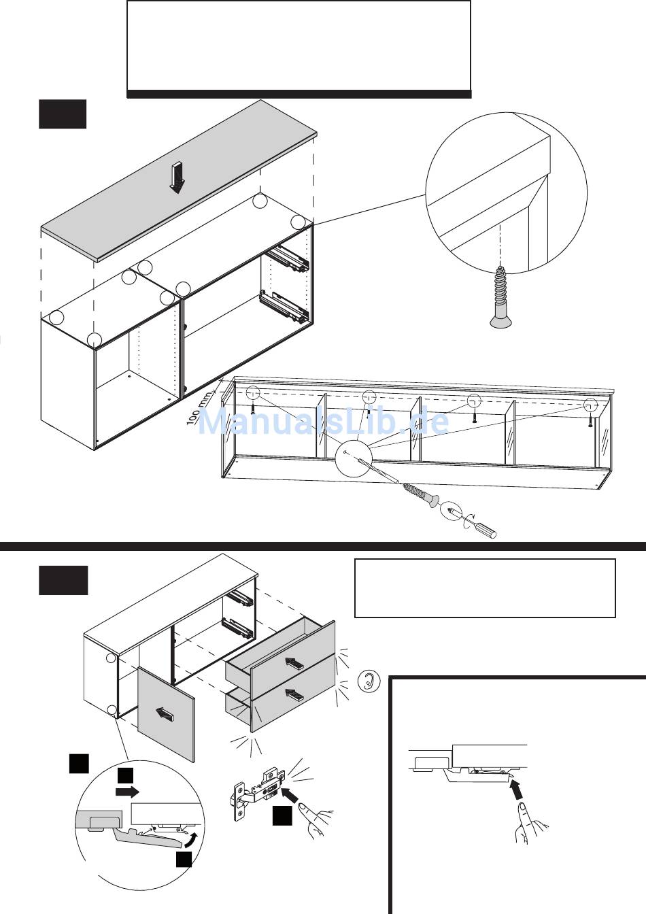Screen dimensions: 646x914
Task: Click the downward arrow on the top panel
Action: pos(177,178)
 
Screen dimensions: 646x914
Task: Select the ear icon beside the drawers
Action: pos(369,681)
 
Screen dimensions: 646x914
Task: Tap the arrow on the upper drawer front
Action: pos(294,662)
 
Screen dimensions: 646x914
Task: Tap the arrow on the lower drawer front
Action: pos(294,694)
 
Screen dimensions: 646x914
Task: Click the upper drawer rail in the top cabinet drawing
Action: pos(287,258)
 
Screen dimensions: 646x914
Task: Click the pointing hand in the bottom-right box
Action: pos(531,823)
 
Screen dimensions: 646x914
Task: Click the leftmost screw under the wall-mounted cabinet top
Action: pos(254,407)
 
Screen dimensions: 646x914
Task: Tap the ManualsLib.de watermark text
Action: pos(323,422)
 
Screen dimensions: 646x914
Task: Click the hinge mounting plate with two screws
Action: pos(239,801)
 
